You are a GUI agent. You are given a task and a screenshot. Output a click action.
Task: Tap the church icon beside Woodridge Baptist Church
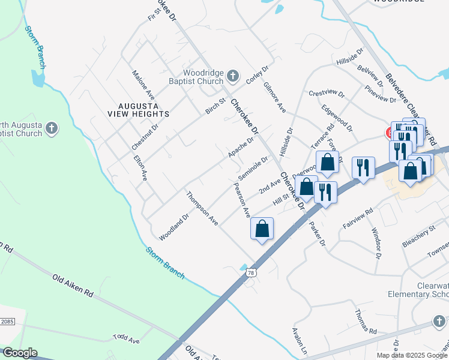(234, 77)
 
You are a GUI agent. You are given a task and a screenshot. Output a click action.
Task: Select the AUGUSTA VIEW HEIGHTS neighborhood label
(139, 108)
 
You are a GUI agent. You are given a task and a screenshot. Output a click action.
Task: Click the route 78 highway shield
(250, 273)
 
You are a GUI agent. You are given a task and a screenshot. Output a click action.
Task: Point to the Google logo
(19, 353)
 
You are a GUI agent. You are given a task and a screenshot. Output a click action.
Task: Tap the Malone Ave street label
(143, 85)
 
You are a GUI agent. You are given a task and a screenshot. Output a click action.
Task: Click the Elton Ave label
(140, 168)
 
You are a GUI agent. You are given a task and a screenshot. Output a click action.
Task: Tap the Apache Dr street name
(241, 148)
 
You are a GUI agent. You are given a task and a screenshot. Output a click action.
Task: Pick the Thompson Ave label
(202, 208)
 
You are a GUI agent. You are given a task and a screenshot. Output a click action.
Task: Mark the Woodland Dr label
(174, 223)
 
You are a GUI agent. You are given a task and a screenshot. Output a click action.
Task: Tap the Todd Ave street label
(125, 340)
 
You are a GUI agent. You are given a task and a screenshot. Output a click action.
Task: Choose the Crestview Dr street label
(327, 94)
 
